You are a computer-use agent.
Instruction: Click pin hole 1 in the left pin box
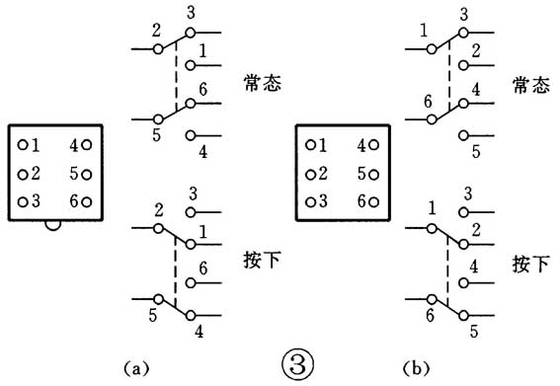(x=22, y=145)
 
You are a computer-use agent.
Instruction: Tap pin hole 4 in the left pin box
(x=88, y=145)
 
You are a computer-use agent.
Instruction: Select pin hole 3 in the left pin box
(x=22, y=201)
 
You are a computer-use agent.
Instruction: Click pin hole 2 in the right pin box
(x=310, y=175)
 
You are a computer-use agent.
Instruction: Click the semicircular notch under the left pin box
(x=55, y=226)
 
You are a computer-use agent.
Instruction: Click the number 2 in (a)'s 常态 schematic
(x=156, y=32)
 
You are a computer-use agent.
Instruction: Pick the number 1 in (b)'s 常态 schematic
(x=424, y=31)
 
